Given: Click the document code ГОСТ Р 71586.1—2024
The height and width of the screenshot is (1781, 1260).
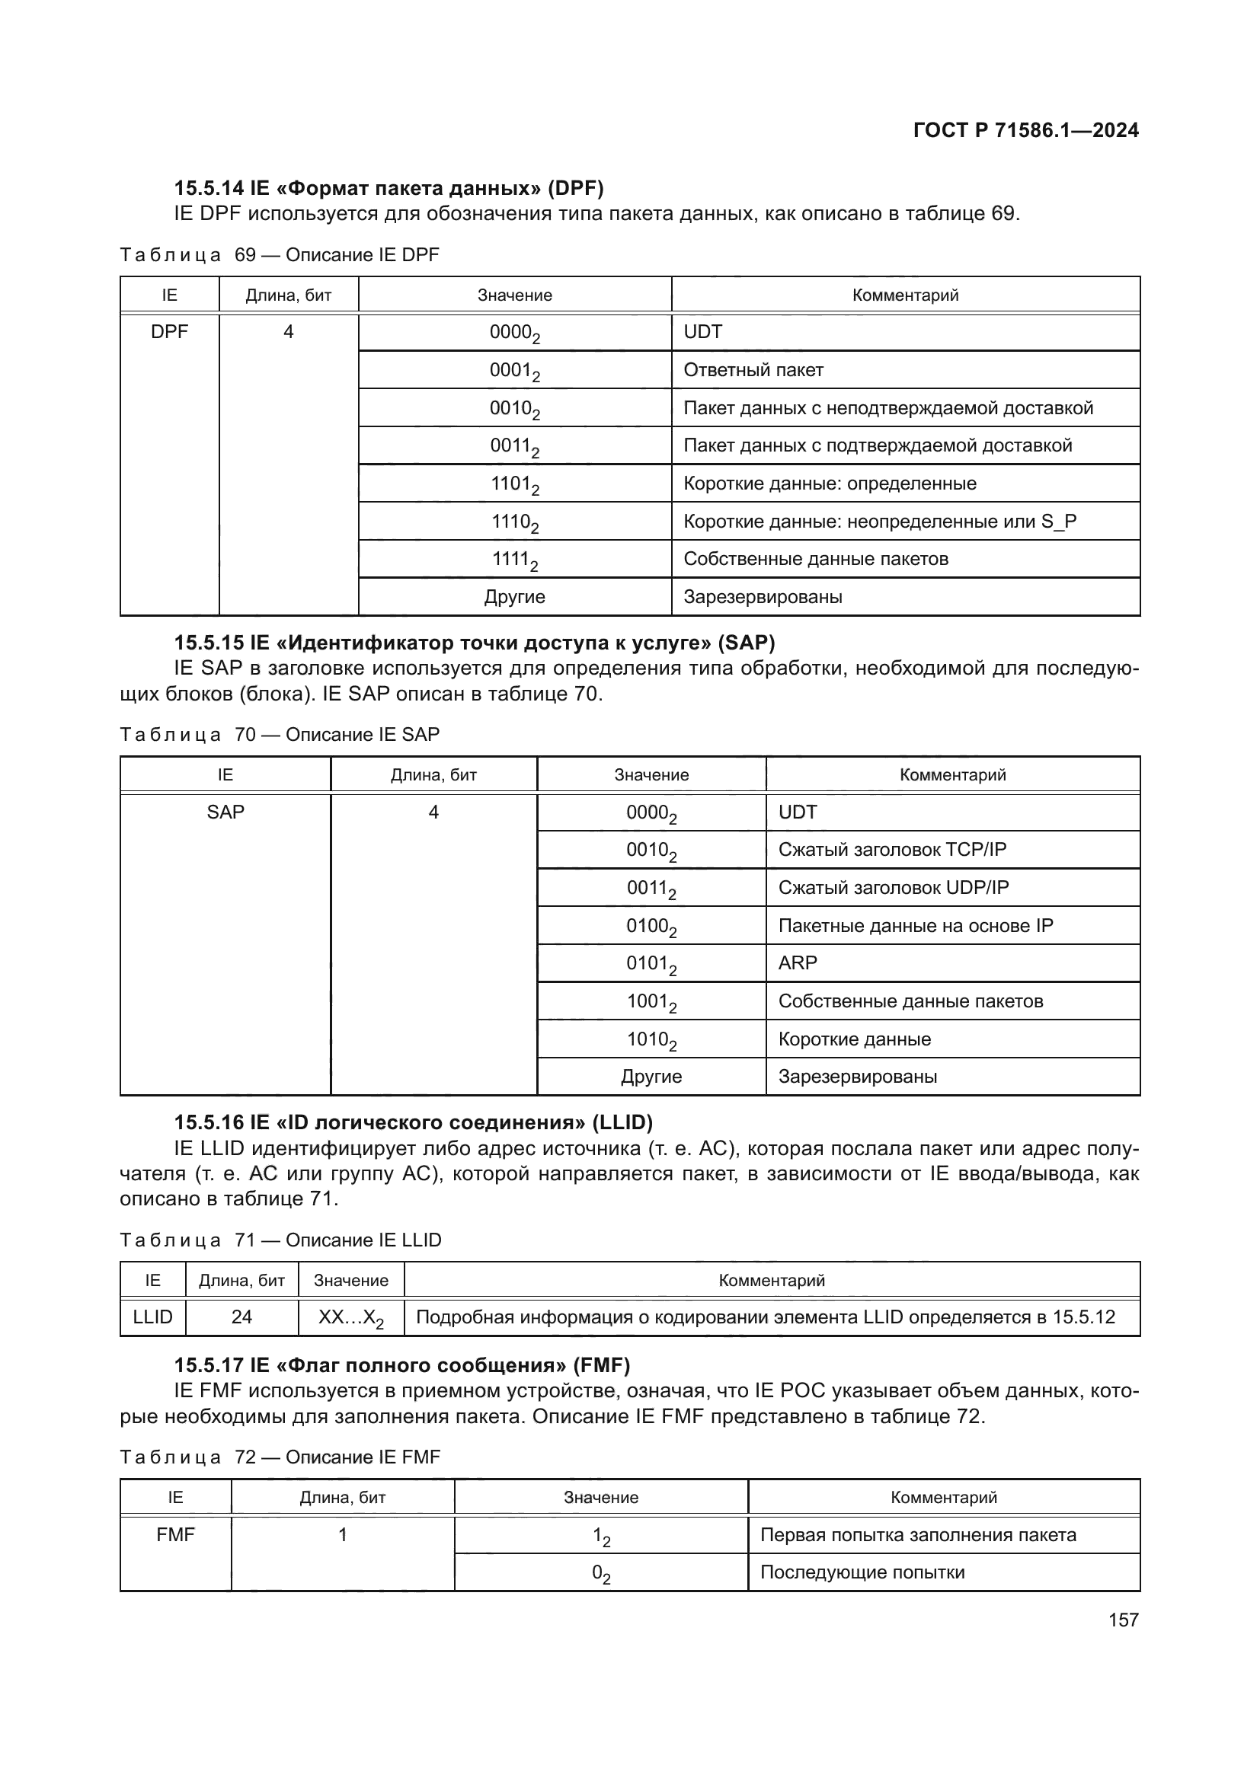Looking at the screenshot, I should (1025, 130).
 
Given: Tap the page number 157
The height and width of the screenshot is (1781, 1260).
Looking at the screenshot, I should (1123, 1620).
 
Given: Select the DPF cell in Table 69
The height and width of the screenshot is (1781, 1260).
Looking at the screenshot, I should (169, 332).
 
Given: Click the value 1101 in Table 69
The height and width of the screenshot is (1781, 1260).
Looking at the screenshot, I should (514, 484).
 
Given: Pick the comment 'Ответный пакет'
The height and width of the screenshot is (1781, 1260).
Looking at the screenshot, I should (753, 370).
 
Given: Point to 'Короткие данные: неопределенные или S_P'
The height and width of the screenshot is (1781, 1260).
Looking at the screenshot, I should (879, 522).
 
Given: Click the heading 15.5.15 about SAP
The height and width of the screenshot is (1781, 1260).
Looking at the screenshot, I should (474, 643).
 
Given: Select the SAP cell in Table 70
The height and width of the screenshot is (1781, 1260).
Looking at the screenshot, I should (225, 812).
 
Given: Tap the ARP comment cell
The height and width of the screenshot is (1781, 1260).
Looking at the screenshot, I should (798, 962).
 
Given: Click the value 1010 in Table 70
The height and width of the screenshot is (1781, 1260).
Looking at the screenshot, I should (651, 1039).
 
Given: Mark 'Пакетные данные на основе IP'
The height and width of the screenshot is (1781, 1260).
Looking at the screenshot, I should (916, 925).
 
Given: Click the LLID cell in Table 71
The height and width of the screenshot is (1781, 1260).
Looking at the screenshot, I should (153, 1317).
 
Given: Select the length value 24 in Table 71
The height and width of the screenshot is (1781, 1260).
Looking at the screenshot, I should (241, 1317).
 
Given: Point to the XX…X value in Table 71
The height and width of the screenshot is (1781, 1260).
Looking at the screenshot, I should (350, 1317).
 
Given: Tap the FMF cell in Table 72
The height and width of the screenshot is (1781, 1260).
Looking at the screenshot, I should (175, 1534).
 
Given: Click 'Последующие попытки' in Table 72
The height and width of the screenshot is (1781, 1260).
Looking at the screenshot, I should (862, 1572).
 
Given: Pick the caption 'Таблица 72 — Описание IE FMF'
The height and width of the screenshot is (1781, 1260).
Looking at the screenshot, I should (280, 1457).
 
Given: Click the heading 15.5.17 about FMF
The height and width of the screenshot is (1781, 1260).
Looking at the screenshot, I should (401, 1365).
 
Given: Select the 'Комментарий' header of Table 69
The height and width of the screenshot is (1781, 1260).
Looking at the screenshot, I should (905, 295).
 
